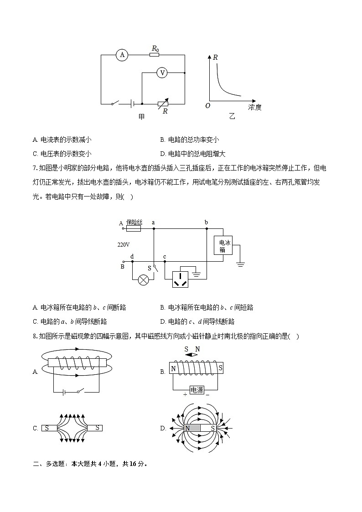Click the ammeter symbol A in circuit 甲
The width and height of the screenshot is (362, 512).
click(122, 55)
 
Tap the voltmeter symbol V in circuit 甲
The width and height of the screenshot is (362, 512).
click(161, 72)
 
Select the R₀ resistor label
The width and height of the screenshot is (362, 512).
click(155, 48)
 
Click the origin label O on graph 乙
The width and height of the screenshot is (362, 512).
click(207, 106)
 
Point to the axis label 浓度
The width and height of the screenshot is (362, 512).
click(254, 107)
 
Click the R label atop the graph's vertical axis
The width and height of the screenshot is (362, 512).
click(215, 57)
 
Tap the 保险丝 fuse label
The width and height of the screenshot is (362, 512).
click(134, 222)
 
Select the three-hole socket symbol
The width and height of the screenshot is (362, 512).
click(182, 279)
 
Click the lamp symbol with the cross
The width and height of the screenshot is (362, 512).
click(144, 280)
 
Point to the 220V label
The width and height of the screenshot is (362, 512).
click(124, 245)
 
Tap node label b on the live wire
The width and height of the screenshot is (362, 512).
click(206, 222)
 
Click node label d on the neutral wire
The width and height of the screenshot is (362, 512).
click(132, 257)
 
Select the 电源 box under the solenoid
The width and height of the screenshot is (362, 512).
click(197, 390)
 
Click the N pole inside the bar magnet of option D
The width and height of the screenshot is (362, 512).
click(187, 429)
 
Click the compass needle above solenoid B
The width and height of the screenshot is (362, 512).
click(192, 354)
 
